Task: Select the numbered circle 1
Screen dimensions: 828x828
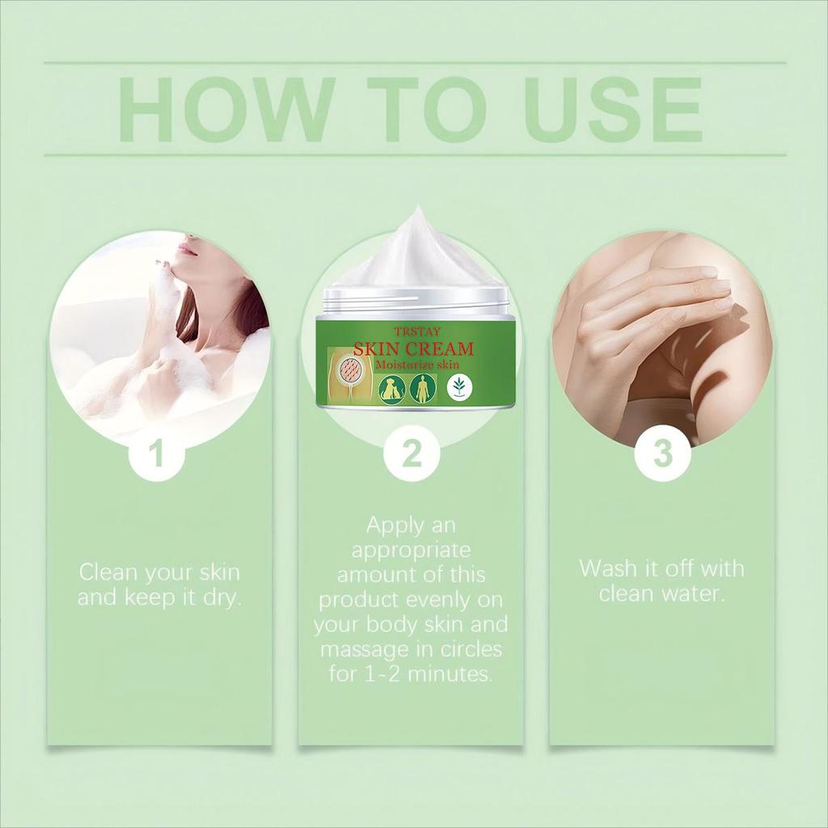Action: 156,454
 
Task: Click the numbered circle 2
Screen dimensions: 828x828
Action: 412,454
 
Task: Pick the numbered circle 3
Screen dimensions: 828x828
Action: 663,454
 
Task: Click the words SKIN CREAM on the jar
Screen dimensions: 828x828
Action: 413,349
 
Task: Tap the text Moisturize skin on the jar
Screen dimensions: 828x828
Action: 417,365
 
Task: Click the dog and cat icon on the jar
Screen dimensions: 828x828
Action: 391,388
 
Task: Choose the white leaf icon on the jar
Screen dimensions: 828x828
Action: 459,387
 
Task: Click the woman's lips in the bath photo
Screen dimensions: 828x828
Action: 185,247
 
